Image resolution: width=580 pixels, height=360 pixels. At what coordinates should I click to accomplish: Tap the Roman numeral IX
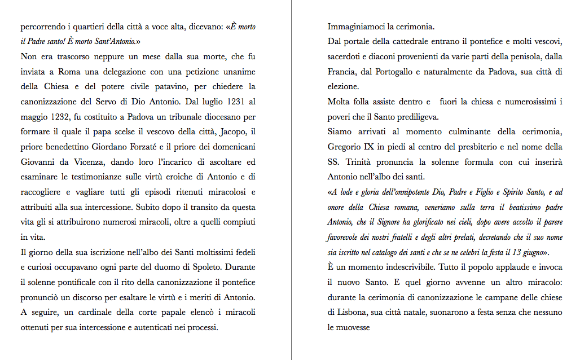pyautogui.click(x=374, y=147)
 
